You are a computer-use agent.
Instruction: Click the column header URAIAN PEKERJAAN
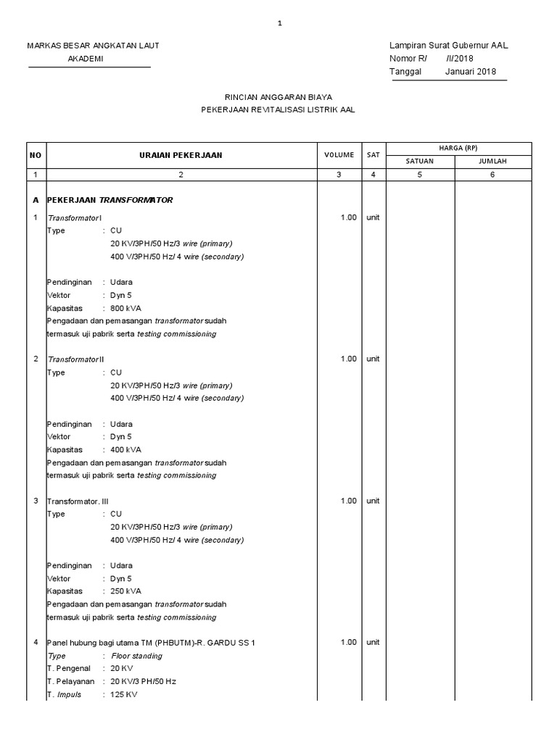pos(181,155)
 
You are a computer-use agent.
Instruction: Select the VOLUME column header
pos(339,155)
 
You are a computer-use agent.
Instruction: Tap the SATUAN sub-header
pos(419,162)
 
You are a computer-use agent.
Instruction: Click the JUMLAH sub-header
pos(492,162)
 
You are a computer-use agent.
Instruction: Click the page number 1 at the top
pos(279,24)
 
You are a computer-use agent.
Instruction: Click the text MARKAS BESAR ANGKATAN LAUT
pos(93,46)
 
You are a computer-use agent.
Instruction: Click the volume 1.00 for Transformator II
pos(349,359)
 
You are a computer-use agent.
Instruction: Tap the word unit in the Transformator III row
pos(374,501)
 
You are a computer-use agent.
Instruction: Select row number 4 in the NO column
pos(36,643)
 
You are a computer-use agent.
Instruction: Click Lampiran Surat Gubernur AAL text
pos(448,46)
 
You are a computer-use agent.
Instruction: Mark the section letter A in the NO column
pos(36,200)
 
